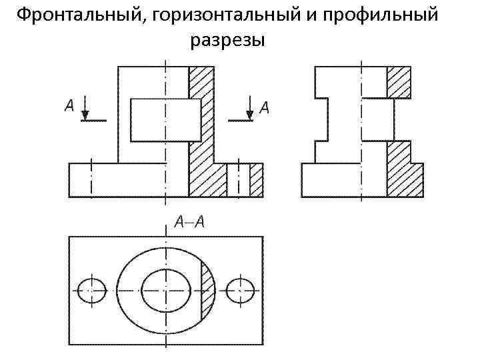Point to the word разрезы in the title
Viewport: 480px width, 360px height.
228,41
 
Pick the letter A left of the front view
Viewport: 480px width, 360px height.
69,106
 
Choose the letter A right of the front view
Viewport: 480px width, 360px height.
264,107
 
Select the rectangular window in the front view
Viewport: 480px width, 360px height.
165,120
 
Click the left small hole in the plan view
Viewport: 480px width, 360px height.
92,290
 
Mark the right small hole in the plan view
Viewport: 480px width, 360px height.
240,290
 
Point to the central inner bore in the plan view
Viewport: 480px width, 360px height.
166,290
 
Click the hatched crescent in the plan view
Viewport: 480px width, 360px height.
207,290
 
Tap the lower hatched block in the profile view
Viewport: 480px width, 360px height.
403,170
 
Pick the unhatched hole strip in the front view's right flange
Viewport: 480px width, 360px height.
238,180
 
